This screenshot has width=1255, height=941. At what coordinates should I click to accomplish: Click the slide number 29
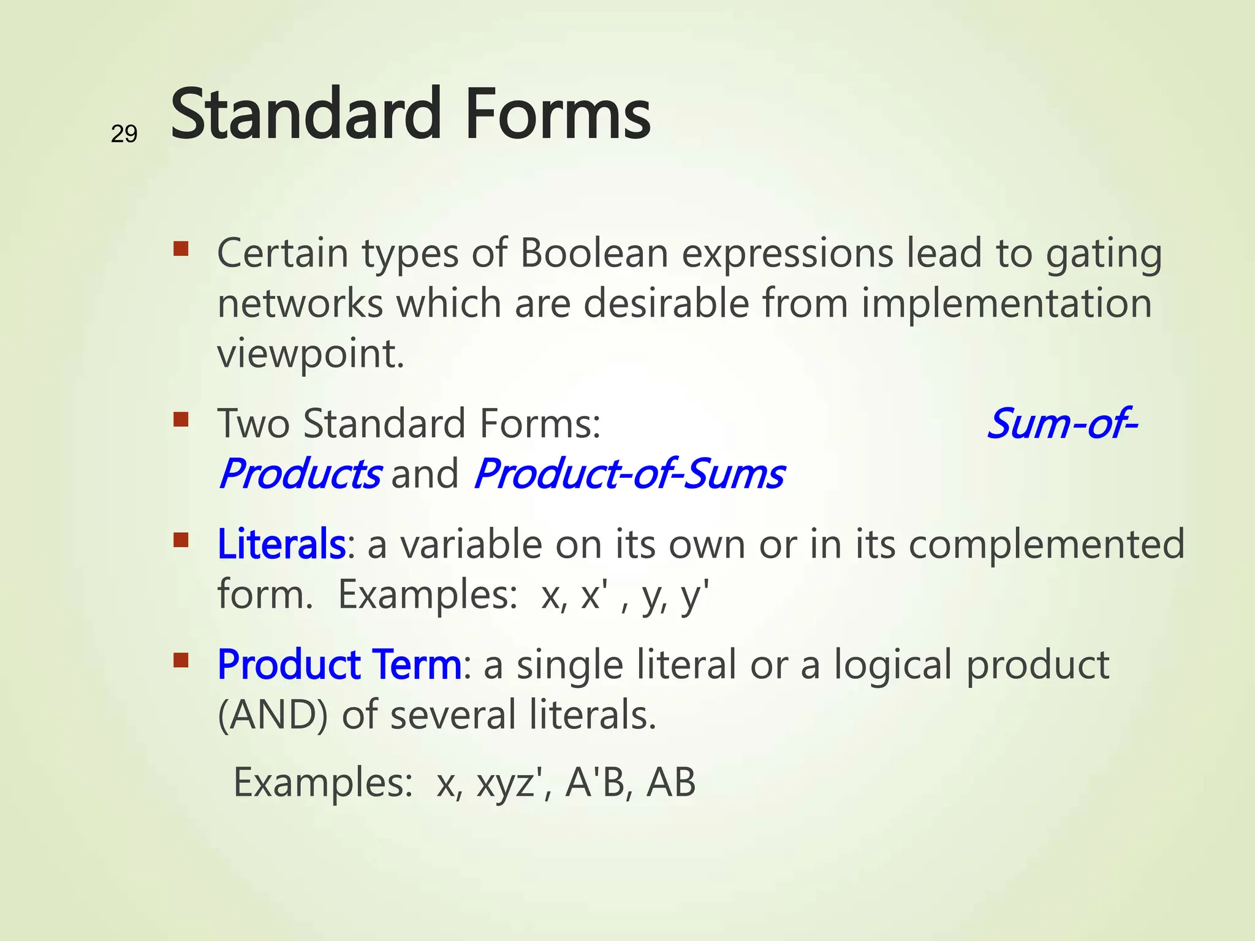click(x=124, y=134)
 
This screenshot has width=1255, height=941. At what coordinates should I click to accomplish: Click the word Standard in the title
click(x=306, y=114)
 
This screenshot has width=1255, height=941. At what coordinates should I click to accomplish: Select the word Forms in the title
click(x=558, y=114)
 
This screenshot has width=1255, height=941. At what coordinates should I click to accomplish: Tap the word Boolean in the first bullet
click(x=594, y=253)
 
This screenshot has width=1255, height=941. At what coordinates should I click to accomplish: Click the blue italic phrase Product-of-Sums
click(x=629, y=474)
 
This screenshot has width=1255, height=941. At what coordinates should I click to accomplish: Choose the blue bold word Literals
click(x=281, y=544)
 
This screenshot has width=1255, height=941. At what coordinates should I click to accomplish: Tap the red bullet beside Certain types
click(x=181, y=249)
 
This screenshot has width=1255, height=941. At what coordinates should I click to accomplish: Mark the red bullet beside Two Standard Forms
click(x=181, y=420)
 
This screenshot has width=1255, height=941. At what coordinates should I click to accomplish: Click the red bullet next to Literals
click(x=181, y=540)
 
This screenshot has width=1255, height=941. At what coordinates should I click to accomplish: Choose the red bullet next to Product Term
click(x=181, y=660)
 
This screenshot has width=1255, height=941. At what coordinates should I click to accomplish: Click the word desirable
click(x=666, y=304)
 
